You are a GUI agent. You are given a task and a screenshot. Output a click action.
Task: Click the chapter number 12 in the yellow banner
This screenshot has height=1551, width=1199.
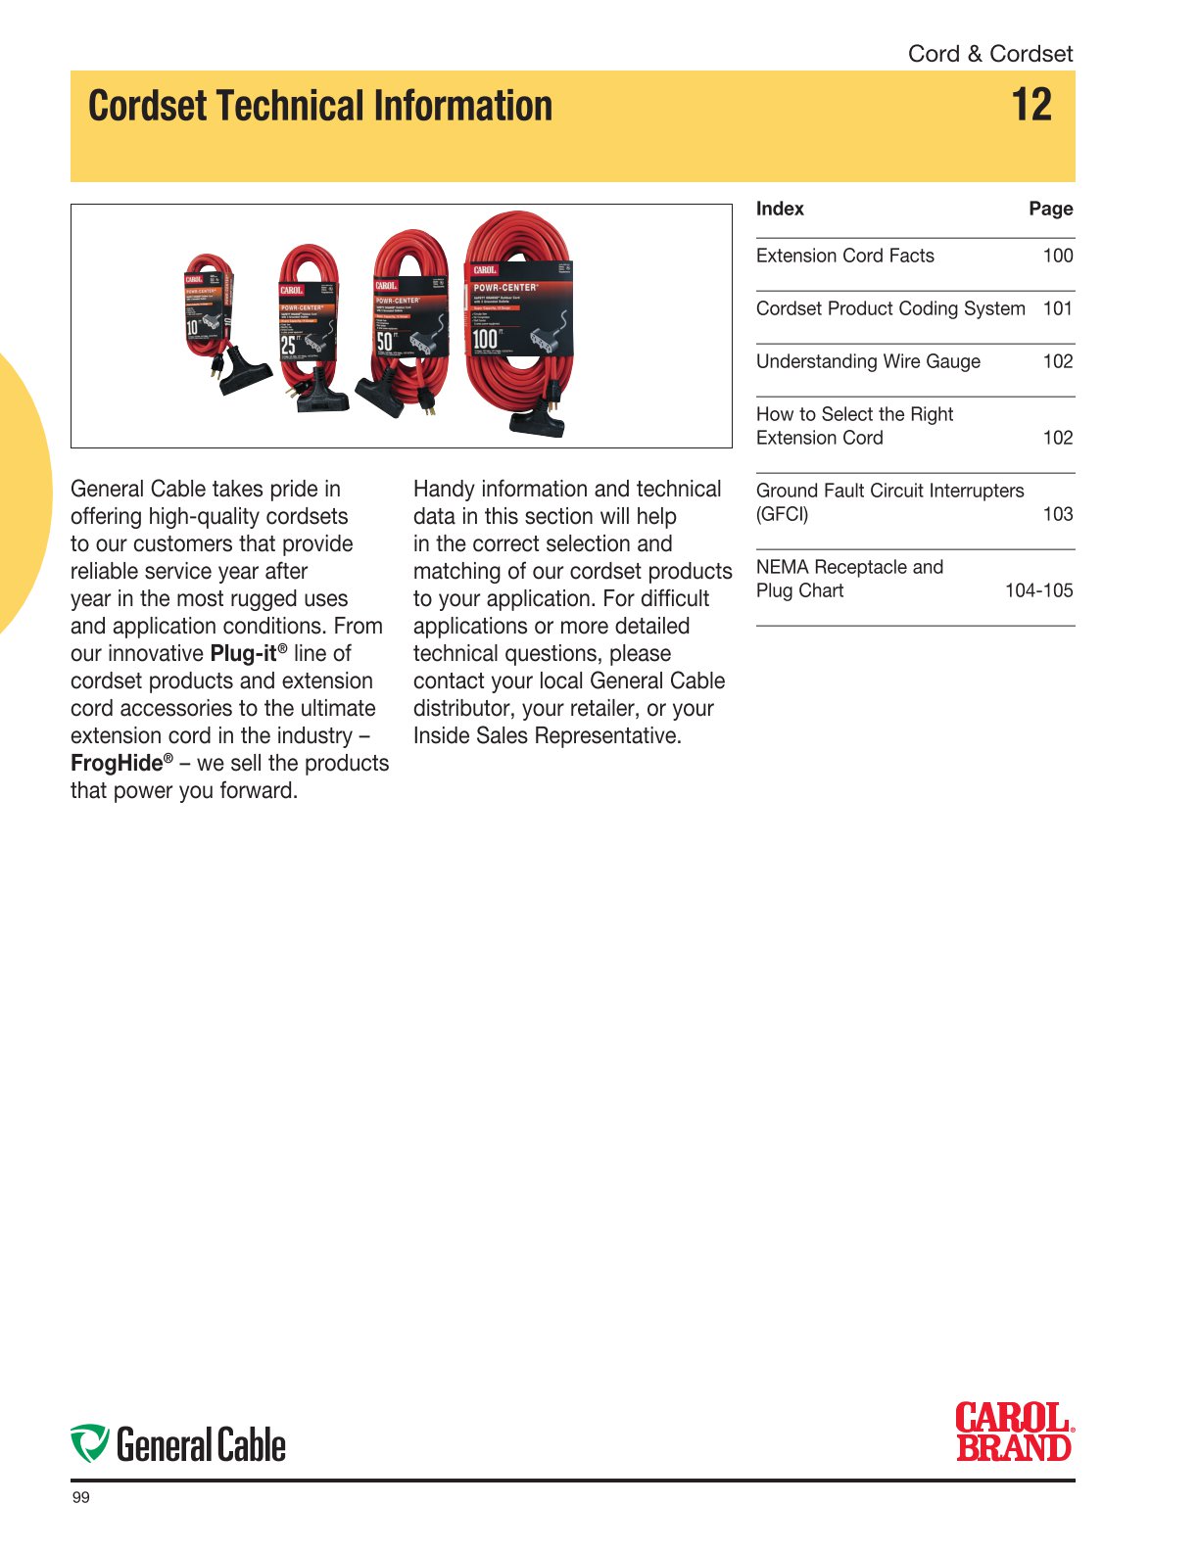(x=1031, y=105)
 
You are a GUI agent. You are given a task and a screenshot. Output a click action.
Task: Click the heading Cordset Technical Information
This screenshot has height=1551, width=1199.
(x=320, y=106)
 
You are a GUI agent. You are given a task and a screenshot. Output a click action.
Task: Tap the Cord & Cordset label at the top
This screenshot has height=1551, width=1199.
(x=989, y=54)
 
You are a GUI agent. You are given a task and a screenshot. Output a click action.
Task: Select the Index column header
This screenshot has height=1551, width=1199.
(x=780, y=209)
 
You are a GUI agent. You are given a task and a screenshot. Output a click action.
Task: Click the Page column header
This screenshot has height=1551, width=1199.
(x=1050, y=209)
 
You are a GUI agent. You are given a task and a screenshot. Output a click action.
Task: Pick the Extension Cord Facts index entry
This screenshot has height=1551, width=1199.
(x=844, y=256)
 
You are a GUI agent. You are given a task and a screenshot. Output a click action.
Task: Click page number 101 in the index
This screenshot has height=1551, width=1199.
(x=1058, y=308)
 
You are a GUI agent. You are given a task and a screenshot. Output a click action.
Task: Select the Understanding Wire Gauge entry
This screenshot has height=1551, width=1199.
(x=868, y=361)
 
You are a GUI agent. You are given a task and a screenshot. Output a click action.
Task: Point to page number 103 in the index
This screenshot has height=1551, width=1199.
(x=1058, y=514)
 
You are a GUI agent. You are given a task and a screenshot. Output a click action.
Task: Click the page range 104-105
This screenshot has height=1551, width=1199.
(x=1038, y=590)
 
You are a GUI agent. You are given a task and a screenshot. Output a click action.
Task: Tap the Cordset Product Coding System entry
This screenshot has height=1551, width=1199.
(x=889, y=308)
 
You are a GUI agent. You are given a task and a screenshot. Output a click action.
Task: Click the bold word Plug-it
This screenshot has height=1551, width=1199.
(x=244, y=654)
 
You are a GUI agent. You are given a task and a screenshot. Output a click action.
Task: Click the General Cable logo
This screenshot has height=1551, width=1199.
(x=178, y=1445)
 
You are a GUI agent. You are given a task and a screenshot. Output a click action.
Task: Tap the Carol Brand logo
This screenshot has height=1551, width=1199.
(x=1014, y=1432)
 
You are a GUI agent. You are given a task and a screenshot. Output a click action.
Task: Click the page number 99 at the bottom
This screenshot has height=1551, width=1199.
(x=81, y=1498)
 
